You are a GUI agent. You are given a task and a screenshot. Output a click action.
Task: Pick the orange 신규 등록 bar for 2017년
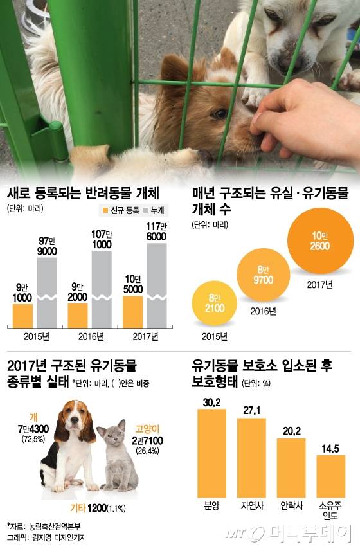pyautogui.click(x=132, y=311)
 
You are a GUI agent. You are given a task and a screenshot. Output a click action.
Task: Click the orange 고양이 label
pyautogui.click(x=147, y=429)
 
